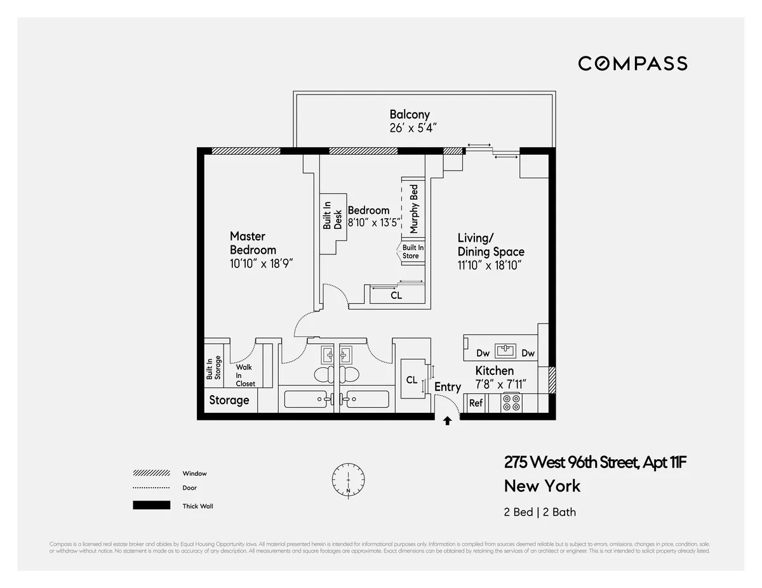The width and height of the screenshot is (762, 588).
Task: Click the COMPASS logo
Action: click(x=632, y=63)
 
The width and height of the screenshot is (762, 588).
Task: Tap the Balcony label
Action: click(x=410, y=115)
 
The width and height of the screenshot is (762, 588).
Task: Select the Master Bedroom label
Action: click(x=253, y=243)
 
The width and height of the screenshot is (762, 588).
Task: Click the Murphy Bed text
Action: click(x=414, y=208)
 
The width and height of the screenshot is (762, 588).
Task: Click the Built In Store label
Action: click(x=412, y=252)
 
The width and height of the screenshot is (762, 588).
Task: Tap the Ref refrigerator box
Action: click(x=476, y=403)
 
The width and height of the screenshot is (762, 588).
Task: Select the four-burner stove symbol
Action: click(x=511, y=403)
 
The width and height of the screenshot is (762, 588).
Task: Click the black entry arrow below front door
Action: click(x=447, y=421)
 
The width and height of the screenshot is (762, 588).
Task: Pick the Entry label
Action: click(x=448, y=387)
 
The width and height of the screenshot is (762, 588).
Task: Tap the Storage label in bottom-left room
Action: click(x=229, y=400)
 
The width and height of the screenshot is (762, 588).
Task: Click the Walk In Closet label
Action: click(x=245, y=376)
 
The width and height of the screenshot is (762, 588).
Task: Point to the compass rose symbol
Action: click(x=348, y=479)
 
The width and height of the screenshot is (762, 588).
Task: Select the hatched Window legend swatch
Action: click(x=151, y=473)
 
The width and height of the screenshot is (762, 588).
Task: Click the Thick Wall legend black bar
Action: click(x=151, y=506)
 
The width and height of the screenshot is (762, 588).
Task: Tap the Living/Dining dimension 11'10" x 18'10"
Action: click(x=490, y=266)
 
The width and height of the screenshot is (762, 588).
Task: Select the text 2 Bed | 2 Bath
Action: click(x=540, y=512)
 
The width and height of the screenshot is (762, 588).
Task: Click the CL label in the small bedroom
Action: click(x=396, y=296)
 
